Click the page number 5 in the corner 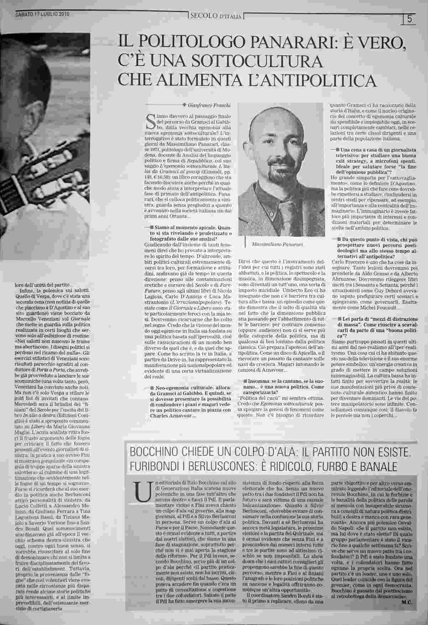click(409, 19)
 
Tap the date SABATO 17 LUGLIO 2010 click(42, 15)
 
